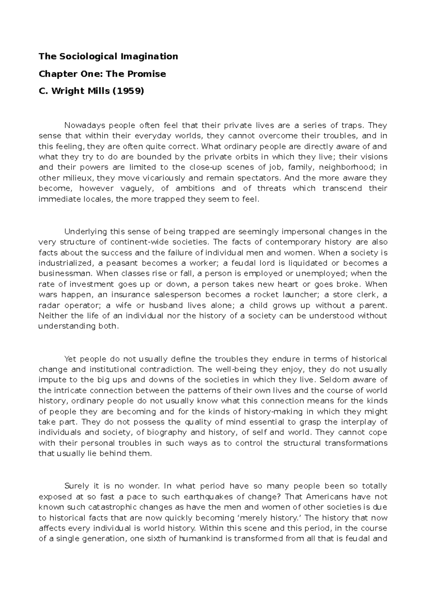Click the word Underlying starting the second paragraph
pos(86,232)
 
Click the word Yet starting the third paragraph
pos(70,359)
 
